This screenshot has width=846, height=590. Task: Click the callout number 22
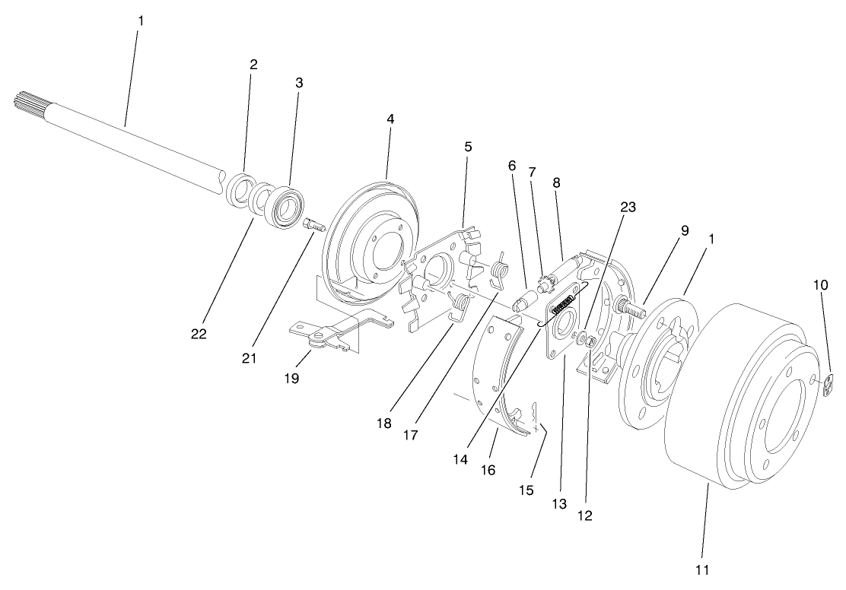[x=199, y=333]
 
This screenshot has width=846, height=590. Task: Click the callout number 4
[x=390, y=120]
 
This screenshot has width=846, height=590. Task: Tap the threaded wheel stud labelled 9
[x=631, y=309]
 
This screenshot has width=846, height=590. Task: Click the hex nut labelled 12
[x=591, y=341]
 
